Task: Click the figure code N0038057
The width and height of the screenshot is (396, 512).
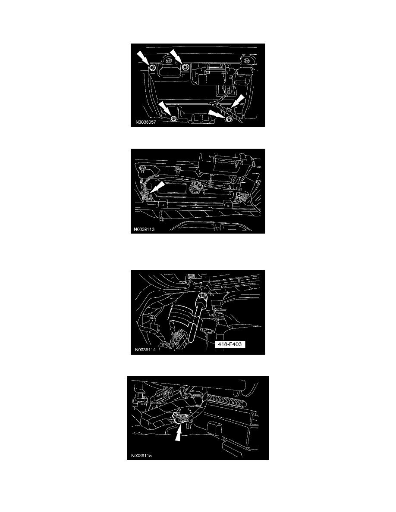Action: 146,122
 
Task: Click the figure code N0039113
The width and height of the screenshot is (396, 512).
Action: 144,229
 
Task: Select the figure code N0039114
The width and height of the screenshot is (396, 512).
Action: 145,350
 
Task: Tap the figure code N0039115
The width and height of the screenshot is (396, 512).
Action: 141,456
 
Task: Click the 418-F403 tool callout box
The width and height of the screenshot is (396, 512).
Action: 230,344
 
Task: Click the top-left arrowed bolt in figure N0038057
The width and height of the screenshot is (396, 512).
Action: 153,68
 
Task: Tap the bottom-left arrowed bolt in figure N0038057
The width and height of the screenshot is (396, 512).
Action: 174,118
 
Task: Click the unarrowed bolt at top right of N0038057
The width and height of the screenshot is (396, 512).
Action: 245,60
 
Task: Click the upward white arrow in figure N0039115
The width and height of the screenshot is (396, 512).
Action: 178,433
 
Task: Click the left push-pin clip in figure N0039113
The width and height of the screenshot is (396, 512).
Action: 142,169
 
